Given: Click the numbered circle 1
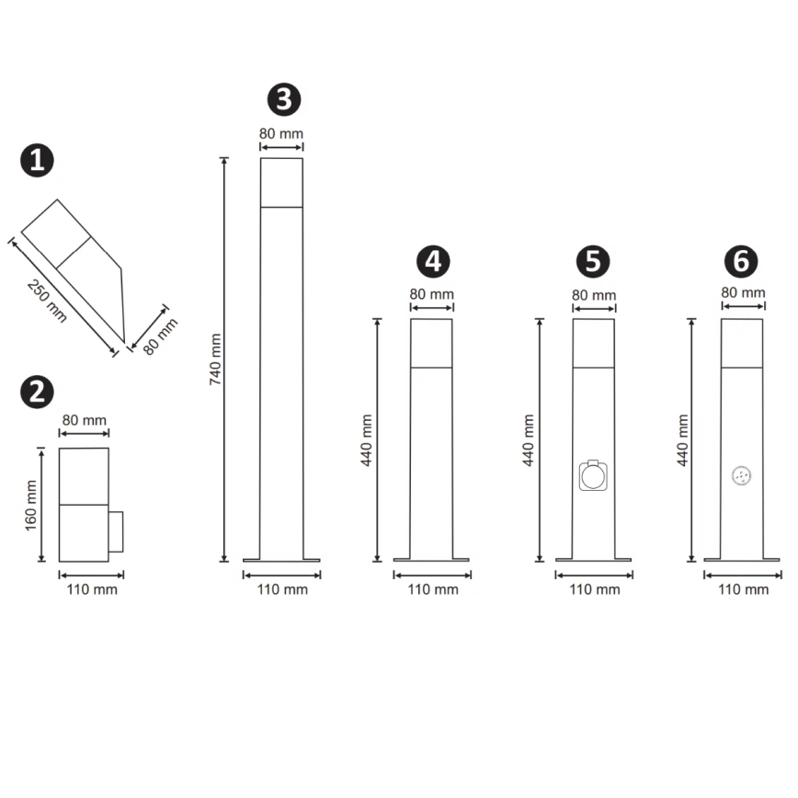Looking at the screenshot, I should pos(37,161).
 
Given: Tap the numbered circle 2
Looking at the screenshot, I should pos(37,392).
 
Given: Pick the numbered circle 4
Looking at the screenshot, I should pos(432,261).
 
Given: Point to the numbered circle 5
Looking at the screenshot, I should pos(593,261).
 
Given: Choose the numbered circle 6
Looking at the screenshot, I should pos(741,261).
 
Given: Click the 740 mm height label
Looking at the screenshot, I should pos(216,359).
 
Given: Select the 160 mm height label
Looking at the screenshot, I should pos(31,505).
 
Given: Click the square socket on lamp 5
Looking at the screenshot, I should pos(593,476).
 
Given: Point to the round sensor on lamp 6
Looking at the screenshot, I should pos(741,475).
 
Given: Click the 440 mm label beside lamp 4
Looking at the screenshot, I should pos(366,439).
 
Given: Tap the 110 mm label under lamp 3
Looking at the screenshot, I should pos(282,589).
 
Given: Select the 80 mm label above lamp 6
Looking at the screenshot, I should pos(743,292).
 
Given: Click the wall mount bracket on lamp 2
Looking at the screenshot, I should pos(116,533).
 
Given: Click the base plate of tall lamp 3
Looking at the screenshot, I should pos(281,558).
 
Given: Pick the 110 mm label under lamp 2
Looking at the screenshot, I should pos(92,589).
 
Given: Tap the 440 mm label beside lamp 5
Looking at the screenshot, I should pos(529,439).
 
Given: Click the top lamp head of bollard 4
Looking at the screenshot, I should pos(431,343).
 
